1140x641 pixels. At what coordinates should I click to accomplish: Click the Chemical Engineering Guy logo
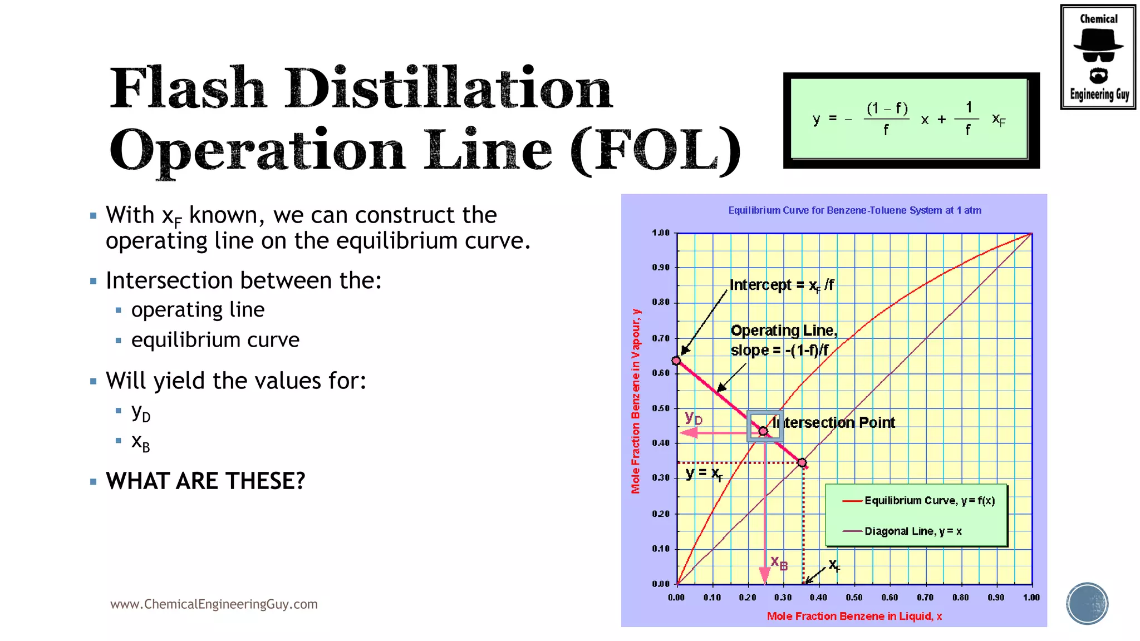pyautogui.click(x=1098, y=57)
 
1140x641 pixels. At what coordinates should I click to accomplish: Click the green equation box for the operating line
pyautogui.click(x=911, y=119)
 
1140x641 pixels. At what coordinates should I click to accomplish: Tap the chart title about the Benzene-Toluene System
pyautogui.click(x=854, y=210)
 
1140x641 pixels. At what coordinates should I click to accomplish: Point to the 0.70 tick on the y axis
pyautogui.click(x=661, y=338)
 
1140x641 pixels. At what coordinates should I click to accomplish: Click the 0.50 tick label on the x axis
pyautogui.click(x=854, y=598)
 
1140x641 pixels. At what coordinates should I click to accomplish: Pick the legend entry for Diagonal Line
pyautogui.click(x=912, y=531)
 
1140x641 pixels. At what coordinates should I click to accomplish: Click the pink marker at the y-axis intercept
pyautogui.click(x=676, y=361)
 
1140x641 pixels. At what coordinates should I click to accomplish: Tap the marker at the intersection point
pyautogui.click(x=764, y=431)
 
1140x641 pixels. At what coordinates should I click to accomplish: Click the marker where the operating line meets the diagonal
pyautogui.click(x=802, y=463)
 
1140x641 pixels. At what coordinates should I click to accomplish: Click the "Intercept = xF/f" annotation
pyautogui.click(x=782, y=285)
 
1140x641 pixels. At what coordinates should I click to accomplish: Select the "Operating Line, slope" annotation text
pyautogui.click(x=783, y=340)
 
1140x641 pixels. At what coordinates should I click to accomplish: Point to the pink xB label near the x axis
pyautogui.click(x=779, y=563)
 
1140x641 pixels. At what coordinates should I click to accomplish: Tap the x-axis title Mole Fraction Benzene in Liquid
pyautogui.click(x=854, y=616)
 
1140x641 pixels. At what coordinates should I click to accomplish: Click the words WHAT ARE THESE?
pyautogui.click(x=205, y=481)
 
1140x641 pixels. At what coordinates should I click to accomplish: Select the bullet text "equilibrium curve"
pyautogui.click(x=215, y=340)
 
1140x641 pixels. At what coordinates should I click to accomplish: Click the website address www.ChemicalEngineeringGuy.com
pyautogui.click(x=214, y=604)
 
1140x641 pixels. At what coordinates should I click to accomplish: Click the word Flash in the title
pyautogui.click(x=188, y=89)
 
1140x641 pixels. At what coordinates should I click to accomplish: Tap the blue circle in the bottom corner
pyautogui.click(x=1087, y=604)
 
